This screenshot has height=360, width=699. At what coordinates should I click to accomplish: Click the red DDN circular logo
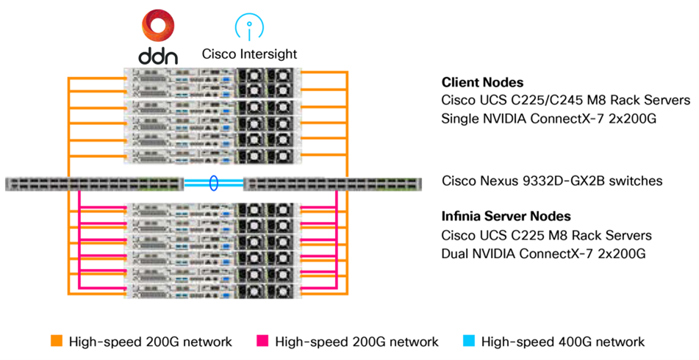tap(157, 25)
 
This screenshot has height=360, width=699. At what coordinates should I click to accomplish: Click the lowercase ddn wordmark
tap(157, 56)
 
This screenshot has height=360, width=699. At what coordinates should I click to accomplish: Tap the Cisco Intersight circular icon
tap(249, 25)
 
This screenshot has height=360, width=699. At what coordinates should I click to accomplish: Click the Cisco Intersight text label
tap(249, 54)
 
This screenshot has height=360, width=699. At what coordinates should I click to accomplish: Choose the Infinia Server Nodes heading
tap(506, 217)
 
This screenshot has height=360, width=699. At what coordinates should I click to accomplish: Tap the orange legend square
tap(57, 341)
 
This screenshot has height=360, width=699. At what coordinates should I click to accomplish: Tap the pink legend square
tap(263, 341)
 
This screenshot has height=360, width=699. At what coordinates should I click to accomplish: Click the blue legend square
tap(470, 341)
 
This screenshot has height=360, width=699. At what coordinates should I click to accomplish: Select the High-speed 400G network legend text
tap(563, 342)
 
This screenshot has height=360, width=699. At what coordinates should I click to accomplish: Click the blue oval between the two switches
tap(213, 183)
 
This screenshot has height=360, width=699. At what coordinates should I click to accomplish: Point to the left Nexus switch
tap(93, 184)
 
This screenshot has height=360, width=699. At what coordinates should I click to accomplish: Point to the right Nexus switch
tap(332, 184)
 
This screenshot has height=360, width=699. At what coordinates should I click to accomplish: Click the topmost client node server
tap(212, 77)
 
